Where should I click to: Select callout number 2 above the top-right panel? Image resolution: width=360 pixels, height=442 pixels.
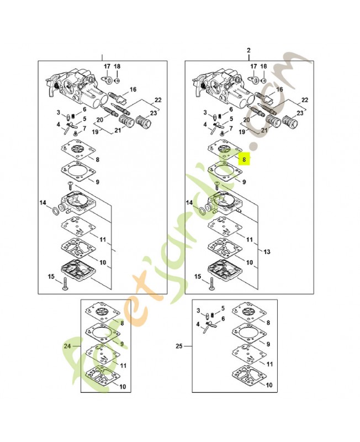coord(248,51)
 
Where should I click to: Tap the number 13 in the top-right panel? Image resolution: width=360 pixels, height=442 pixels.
coord(267,251)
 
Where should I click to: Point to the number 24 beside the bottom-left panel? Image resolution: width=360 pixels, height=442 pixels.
coord(68,346)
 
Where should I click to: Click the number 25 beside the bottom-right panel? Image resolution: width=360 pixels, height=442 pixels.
coord(178,346)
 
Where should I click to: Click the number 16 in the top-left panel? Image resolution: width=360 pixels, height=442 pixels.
coord(133,90)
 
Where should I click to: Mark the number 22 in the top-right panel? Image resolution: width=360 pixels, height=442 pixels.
coord(304,100)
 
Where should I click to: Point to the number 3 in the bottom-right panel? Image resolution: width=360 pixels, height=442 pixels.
coord(200,311)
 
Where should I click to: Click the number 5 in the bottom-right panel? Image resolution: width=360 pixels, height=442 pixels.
coord(223,308)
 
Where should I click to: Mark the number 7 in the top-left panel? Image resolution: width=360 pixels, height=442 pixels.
coord(84,129)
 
